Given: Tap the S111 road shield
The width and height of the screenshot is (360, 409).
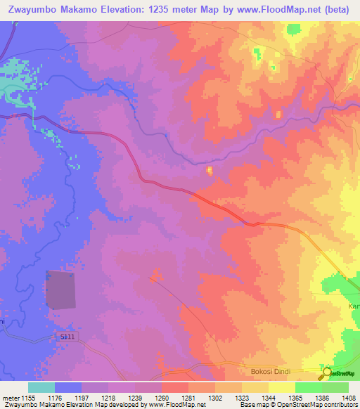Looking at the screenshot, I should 67,338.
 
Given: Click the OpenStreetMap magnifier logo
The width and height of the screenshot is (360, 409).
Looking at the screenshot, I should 326,372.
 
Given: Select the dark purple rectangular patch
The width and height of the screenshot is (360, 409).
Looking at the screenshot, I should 61,290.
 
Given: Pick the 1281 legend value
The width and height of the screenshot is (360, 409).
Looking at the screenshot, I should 188,397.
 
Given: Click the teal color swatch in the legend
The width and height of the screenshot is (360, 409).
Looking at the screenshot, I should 41,387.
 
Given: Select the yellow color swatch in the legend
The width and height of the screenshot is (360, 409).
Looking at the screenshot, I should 281,387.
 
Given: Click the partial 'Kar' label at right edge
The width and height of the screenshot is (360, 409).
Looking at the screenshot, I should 354,307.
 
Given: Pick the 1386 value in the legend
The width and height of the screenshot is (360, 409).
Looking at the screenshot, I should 321,397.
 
